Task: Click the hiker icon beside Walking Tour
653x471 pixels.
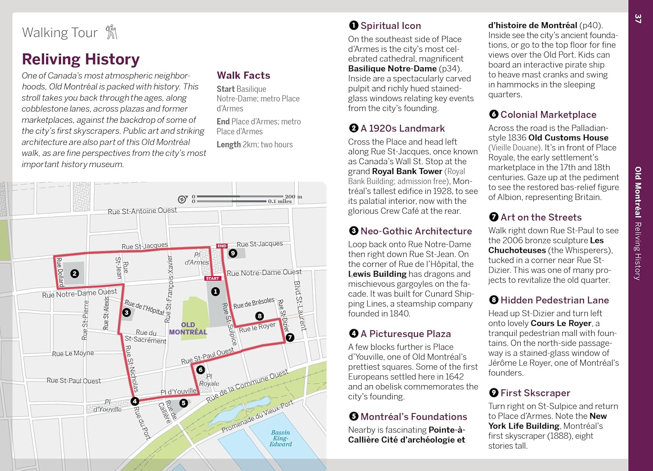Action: click(111, 32)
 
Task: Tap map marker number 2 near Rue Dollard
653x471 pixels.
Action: click(74, 273)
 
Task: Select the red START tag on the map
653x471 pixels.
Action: click(213, 278)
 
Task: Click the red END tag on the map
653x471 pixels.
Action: click(222, 246)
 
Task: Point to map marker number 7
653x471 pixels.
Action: click(290, 337)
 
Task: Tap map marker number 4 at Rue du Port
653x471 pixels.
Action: click(135, 401)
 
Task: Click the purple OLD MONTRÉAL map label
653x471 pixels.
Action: click(188, 328)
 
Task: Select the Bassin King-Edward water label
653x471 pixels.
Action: click(281, 438)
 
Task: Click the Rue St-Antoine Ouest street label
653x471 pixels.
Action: click(142, 211)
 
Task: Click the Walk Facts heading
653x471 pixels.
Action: click(243, 75)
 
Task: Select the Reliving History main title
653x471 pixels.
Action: click(81, 59)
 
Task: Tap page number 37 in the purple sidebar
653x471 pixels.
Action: click(638, 18)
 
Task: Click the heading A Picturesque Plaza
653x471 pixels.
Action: click(405, 334)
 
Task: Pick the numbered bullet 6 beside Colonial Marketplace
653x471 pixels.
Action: click(493, 114)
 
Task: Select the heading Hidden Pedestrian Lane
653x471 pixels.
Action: click(554, 300)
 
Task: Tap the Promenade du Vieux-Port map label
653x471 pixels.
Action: click(258, 417)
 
